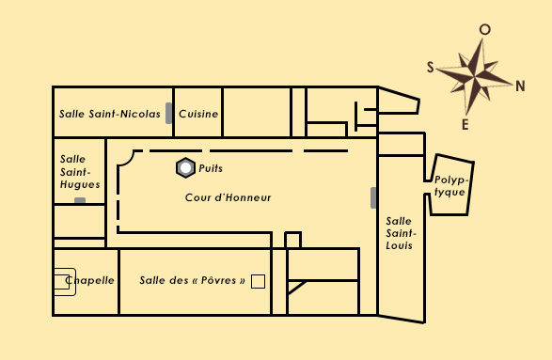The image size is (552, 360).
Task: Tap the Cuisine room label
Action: [198, 114]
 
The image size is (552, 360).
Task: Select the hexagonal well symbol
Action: [185, 168]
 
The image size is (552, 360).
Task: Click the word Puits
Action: [211, 168]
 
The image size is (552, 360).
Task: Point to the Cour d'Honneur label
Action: [228, 197]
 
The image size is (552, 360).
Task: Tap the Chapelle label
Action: [90, 280]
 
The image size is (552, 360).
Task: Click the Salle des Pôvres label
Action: [193, 280]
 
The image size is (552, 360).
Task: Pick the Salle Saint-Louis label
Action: [400, 232]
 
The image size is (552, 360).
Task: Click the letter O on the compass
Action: [484, 29]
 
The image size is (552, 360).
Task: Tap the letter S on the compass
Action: [431, 67]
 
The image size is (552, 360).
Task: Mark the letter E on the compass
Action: [465, 124]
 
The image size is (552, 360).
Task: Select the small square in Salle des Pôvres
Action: [259, 280]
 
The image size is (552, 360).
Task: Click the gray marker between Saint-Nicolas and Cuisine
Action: [169, 113]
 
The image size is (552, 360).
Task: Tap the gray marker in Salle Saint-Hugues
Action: [80, 201]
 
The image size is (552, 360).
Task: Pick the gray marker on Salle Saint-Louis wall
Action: [374, 197]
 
